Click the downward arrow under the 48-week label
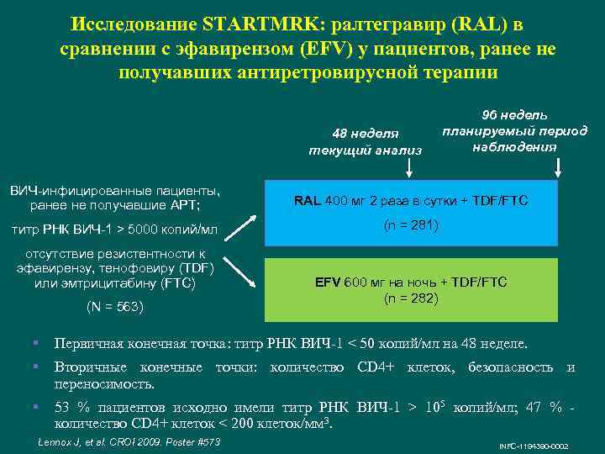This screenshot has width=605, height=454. point(409,167)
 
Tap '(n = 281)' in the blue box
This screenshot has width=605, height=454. point(411,225)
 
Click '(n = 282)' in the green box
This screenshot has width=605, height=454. point(411,297)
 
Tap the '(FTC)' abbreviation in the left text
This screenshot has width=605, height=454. point(177,283)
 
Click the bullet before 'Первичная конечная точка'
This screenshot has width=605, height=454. point(36,344)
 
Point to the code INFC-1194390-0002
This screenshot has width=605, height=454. point(533,445)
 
